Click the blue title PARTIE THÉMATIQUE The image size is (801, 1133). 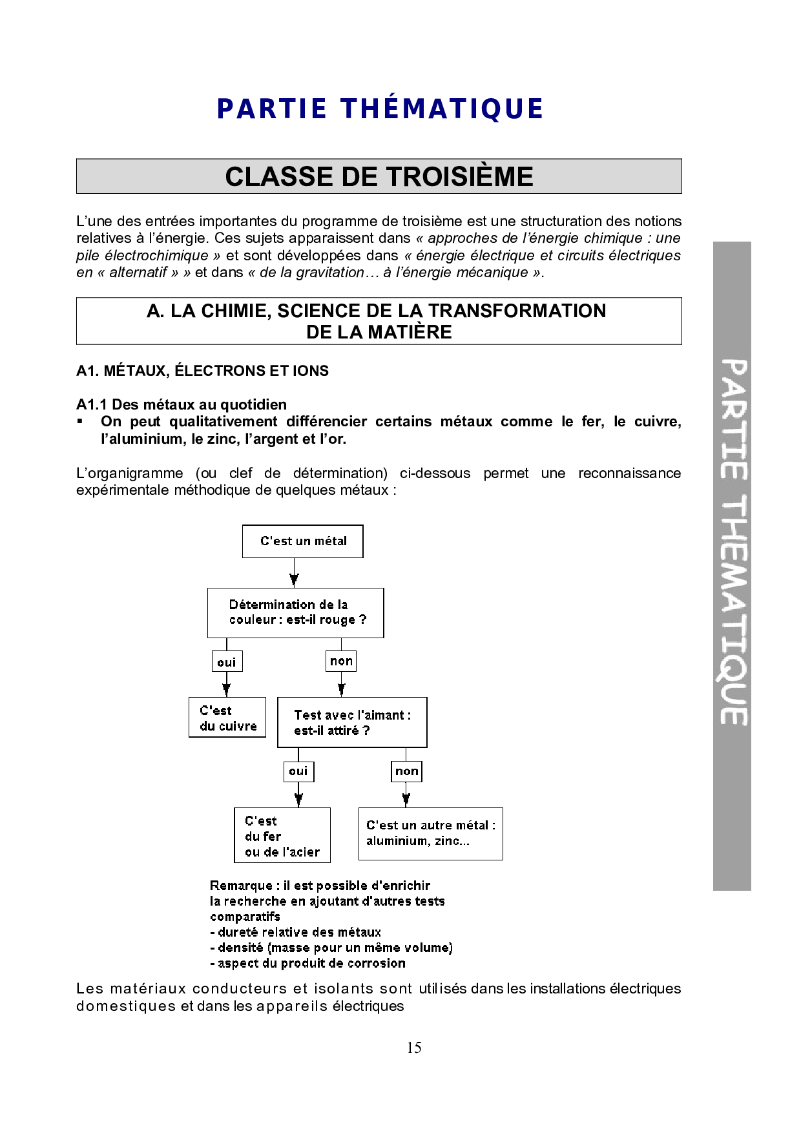click(x=380, y=109)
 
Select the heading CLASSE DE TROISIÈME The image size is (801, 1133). click(x=379, y=176)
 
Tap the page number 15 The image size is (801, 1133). click(x=414, y=1048)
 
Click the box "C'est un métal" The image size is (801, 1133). click(x=302, y=541)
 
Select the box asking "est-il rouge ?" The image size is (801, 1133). click(x=296, y=613)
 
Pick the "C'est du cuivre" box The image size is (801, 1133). click(x=227, y=718)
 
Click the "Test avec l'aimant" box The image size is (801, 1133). click(x=352, y=723)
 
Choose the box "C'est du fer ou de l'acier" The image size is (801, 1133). click(x=282, y=835)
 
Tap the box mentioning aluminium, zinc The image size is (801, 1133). click(x=430, y=833)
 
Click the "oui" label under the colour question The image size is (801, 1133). click(x=227, y=662)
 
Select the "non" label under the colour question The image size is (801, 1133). click(x=341, y=661)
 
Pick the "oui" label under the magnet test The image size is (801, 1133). click(x=298, y=771)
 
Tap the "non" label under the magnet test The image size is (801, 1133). click(x=406, y=771)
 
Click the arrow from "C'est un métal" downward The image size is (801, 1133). click(x=294, y=574)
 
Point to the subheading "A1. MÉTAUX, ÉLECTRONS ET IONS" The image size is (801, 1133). click(x=202, y=371)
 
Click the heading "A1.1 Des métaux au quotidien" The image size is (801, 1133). click(x=182, y=404)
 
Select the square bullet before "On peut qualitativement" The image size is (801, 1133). click(x=80, y=421)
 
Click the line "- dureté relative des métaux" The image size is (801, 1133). click(x=295, y=932)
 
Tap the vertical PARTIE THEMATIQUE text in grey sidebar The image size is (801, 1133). click(x=733, y=543)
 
